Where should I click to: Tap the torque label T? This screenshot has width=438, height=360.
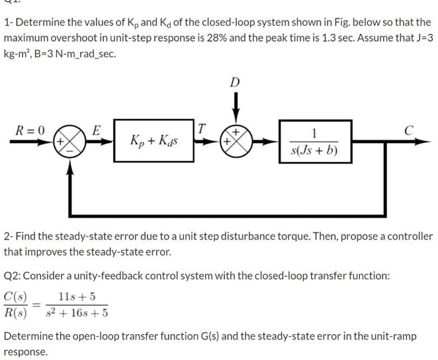(202, 128)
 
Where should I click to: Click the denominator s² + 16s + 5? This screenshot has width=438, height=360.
(74, 313)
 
